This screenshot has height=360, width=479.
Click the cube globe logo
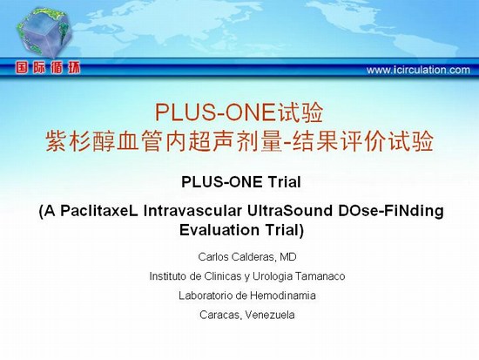[x=44, y=33]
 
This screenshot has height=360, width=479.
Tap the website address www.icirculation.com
[x=418, y=70]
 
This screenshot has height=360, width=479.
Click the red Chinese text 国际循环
[x=48, y=68]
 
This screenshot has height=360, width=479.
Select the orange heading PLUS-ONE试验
[x=239, y=112]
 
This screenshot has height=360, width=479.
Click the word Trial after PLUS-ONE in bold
[x=285, y=182]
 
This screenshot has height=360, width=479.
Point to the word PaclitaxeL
[x=99, y=211]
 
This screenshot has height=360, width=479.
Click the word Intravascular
[x=192, y=211]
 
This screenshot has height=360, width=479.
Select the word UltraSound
[x=290, y=211]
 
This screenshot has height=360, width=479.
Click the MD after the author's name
[x=288, y=256]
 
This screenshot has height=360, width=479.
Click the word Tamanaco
[x=320, y=276]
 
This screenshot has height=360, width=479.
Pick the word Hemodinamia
[x=283, y=295]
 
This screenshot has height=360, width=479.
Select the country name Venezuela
[x=270, y=315]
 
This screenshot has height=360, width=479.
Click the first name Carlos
[x=213, y=257]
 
